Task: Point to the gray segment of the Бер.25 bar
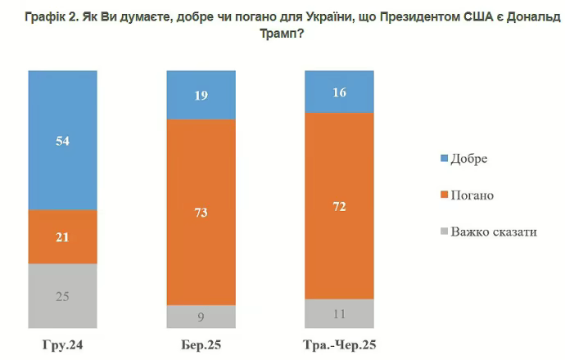201,317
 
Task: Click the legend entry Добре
468,158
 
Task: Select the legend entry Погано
472,195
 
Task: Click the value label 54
63,141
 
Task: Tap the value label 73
201,213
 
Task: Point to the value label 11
339,312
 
